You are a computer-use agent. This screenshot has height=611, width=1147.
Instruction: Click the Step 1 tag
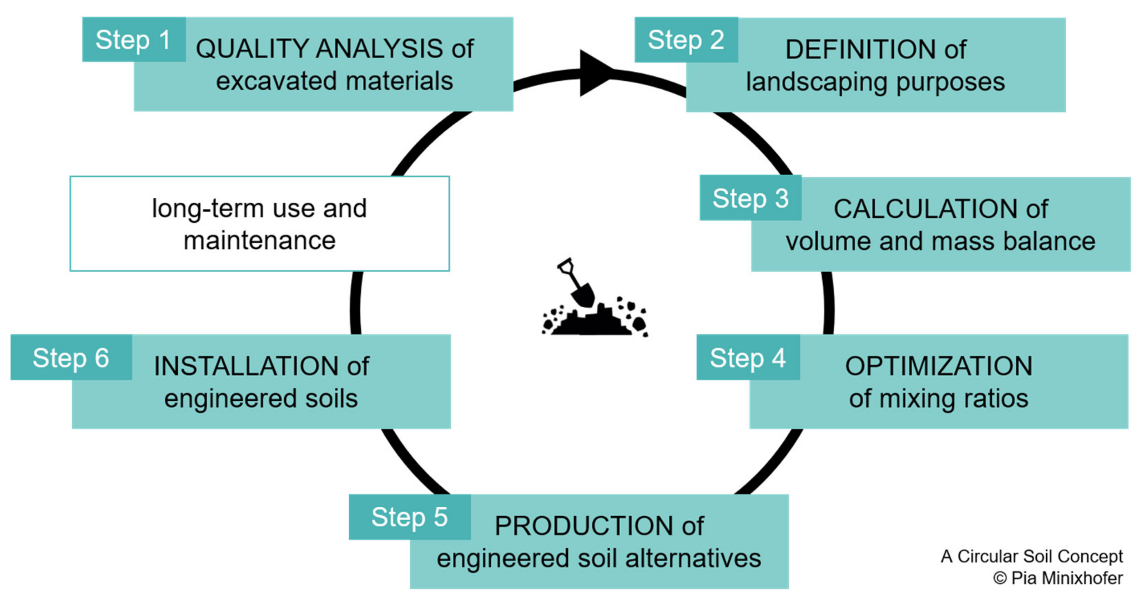point(134,39)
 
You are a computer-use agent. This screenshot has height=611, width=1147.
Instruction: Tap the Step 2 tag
point(686,39)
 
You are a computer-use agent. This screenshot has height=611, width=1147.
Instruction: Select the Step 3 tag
point(751,198)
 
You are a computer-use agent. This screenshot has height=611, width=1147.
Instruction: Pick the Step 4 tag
point(748,357)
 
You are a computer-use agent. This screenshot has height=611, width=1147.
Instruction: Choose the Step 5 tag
point(410,517)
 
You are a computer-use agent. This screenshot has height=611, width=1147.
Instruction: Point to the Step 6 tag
point(71,357)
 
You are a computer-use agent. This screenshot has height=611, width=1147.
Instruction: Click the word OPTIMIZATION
point(939,366)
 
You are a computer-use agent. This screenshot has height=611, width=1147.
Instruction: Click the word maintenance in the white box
point(260,241)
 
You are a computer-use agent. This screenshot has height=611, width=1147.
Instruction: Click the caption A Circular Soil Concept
point(1032,556)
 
